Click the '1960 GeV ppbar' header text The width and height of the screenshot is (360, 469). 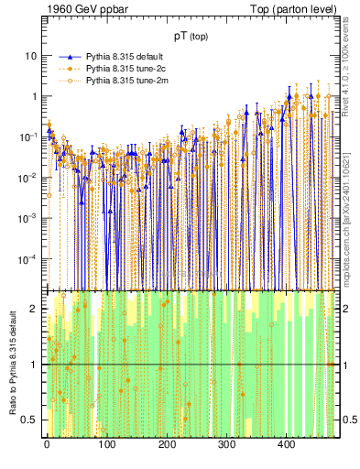[82, 8]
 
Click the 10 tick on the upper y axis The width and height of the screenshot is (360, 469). [30, 56]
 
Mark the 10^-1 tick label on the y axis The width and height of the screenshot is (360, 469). [28, 137]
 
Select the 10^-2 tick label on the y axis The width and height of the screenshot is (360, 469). [28, 178]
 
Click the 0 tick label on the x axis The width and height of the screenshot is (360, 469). [47, 444]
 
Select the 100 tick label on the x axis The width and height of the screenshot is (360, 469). [106, 444]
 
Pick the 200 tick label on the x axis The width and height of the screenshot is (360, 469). [167, 444]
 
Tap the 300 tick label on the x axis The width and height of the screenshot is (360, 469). [226, 444]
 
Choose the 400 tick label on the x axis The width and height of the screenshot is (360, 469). [286, 444]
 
